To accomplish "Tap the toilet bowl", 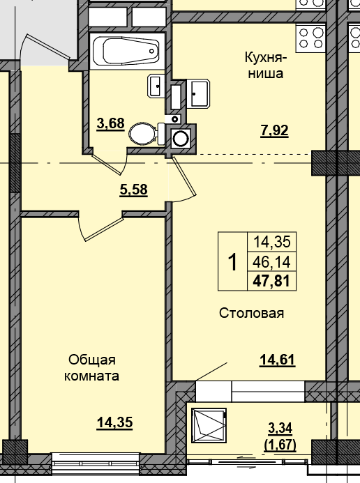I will coord(144,132).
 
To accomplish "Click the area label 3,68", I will coord(110,124).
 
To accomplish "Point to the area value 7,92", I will coord(274,129).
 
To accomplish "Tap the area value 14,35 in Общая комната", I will coord(114,422).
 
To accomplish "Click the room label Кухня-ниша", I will coord(264,65).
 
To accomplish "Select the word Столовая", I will coord(251,313).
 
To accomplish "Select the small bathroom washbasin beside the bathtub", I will coord(156,87).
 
